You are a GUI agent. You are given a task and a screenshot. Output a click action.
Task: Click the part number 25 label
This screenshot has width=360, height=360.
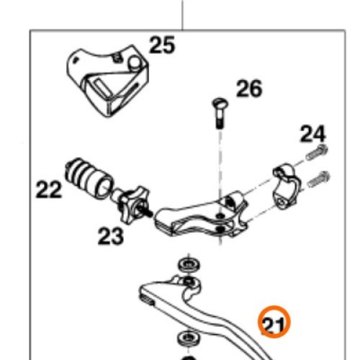pos(162,45)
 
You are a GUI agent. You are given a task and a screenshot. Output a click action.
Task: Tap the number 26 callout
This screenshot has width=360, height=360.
pos(249,89)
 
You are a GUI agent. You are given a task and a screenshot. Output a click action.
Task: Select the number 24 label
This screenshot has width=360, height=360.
pos(313,134)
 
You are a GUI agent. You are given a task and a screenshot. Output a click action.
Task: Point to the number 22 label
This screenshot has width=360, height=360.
pos(49,189)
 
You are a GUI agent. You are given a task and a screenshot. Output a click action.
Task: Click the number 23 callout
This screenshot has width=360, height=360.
pos(111,236)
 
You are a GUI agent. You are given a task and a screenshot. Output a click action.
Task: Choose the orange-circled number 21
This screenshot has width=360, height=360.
pos(274,322)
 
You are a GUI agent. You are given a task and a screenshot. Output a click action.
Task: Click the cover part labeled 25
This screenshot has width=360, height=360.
pos(107,81)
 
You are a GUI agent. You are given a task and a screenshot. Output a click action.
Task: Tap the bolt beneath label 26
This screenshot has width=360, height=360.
pos(220,112)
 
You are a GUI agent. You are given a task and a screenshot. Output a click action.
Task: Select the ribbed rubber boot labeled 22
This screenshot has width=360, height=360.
pos(89,179)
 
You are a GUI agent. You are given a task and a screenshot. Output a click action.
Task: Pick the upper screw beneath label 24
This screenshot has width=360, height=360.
pos(317,153)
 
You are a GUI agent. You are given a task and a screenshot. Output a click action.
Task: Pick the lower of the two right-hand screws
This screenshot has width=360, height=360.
pos(319,179)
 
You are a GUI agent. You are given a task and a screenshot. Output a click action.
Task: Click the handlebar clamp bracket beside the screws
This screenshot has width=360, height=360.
pos(287,186)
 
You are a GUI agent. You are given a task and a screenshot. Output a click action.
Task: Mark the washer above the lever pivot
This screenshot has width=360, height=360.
pos(189,265)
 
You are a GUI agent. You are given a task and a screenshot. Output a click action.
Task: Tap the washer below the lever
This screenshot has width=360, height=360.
pos(189,338)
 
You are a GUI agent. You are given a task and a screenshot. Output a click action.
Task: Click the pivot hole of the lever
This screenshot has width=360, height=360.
pos(189,281)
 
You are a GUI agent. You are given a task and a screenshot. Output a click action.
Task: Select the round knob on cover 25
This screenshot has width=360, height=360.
pos(135,62)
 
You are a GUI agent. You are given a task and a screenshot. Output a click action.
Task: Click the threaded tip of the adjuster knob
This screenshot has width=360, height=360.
pos(148,212)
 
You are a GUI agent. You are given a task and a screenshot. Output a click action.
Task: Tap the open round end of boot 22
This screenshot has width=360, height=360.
pos(104,188)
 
